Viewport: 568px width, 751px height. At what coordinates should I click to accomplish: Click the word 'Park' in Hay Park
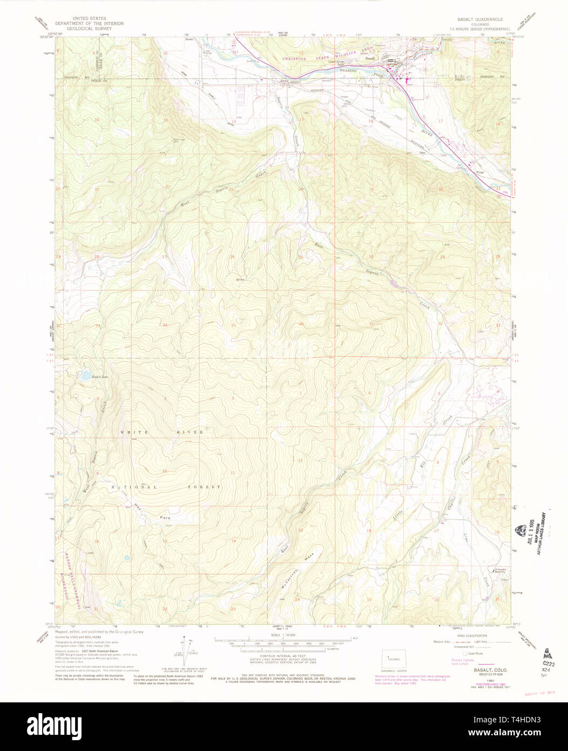click(165, 518)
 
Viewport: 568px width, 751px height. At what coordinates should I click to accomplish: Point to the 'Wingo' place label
click(479, 172)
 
